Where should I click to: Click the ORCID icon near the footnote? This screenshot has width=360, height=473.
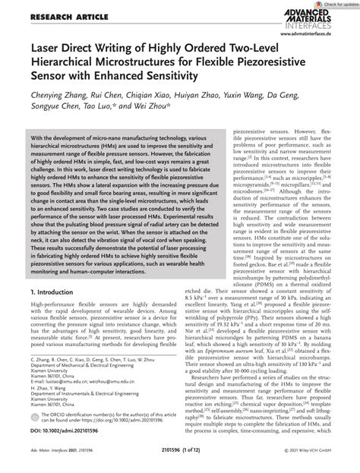coord(33,424)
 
